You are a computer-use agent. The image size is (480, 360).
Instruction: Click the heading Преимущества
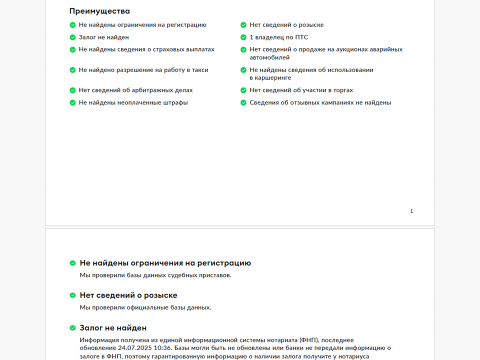99,11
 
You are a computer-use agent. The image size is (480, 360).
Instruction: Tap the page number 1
411,211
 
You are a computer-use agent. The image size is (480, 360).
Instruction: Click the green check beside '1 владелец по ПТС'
243,37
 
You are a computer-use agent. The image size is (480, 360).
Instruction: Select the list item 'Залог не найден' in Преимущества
103,37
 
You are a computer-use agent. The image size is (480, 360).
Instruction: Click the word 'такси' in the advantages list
200,70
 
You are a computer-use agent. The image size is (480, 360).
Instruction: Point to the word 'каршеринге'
270,78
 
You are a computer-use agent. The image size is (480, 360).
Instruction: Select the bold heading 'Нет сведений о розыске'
128,295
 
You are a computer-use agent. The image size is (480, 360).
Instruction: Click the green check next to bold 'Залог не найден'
72,328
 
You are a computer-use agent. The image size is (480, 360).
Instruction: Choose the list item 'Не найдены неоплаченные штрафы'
133,102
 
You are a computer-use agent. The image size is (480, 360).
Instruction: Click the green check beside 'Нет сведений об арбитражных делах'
72,90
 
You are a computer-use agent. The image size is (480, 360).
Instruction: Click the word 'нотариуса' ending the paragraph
347,356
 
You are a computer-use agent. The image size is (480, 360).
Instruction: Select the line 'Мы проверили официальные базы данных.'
145,307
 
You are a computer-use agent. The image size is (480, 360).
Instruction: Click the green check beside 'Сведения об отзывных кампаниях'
243,102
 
